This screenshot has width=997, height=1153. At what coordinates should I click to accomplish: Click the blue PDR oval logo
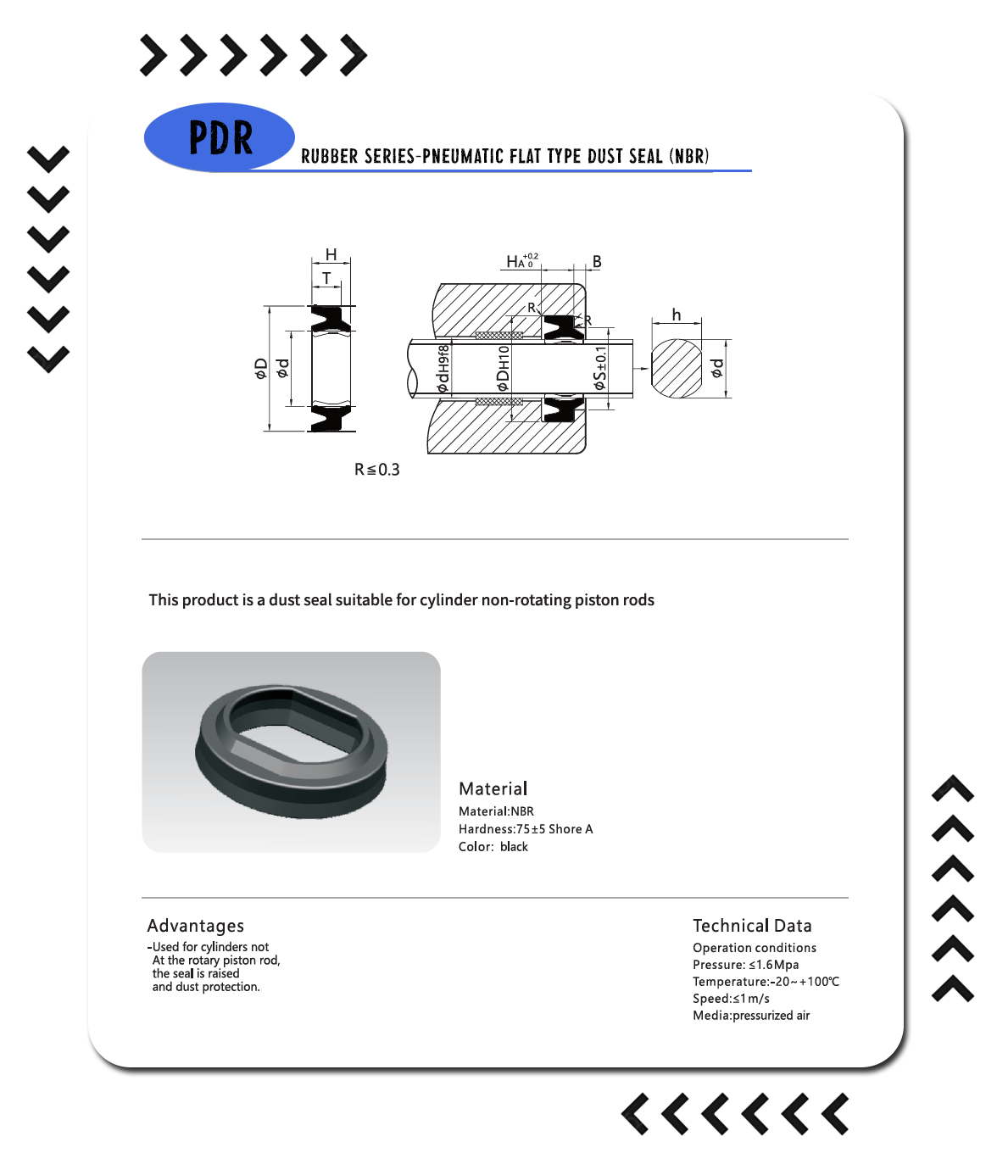point(220,137)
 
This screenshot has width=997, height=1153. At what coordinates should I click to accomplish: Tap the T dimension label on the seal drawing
point(326,277)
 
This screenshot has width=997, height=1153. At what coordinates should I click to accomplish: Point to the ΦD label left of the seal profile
point(260,369)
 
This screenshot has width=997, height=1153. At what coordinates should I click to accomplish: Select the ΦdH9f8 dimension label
point(443,368)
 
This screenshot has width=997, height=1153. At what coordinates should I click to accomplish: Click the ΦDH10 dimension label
point(503,368)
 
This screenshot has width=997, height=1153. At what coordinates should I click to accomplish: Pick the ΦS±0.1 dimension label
point(599,368)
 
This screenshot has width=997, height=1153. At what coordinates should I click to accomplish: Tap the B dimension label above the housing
point(597,261)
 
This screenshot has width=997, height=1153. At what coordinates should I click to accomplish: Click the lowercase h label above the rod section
point(677,315)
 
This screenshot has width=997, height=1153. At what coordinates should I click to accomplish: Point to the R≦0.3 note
point(377,470)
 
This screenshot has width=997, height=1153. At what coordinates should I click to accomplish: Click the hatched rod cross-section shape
point(677,368)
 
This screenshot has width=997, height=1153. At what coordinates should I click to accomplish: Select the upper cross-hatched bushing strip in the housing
point(498,336)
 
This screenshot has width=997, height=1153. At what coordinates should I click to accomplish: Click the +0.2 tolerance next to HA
point(531,256)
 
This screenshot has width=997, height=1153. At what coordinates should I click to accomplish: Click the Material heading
point(493,788)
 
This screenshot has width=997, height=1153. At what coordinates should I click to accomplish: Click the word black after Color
point(514,847)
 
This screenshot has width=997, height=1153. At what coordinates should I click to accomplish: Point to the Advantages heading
point(195,926)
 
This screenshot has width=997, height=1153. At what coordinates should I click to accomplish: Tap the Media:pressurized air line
point(751,1015)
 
